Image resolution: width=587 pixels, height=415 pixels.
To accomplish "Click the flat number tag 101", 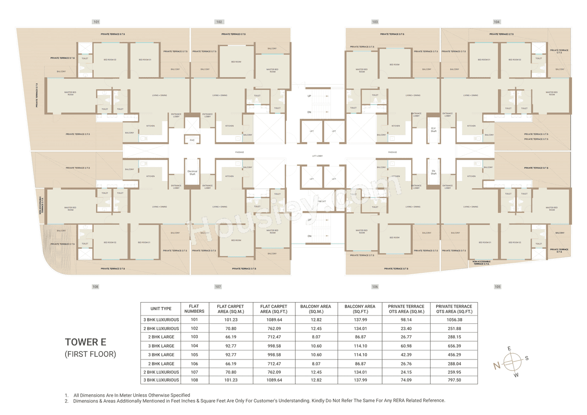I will tap(96, 22).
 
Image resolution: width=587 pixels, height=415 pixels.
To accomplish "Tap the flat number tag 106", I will tap(375, 287).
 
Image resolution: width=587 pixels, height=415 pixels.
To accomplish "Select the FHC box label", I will tap(192, 140).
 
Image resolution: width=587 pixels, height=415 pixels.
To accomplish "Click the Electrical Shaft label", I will tap(192, 172).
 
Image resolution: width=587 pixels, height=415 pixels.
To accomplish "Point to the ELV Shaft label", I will tap(433, 130).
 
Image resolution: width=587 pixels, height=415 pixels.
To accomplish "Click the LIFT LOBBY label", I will tap(317, 156).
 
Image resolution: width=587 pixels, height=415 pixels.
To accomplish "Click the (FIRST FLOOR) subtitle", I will tap(90, 354).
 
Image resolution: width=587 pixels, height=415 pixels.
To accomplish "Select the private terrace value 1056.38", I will tap(454, 320).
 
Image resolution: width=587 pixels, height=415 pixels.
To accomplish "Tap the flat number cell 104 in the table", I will tap(194, 346).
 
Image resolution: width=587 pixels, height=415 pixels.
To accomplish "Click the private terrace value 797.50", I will tap(454, 380).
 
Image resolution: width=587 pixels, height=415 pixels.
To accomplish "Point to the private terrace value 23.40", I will tap(406, 328).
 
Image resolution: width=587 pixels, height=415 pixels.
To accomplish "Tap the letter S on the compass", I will tap(526, 358).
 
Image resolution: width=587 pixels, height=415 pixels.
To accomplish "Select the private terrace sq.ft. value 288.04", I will tap(454, 363).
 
